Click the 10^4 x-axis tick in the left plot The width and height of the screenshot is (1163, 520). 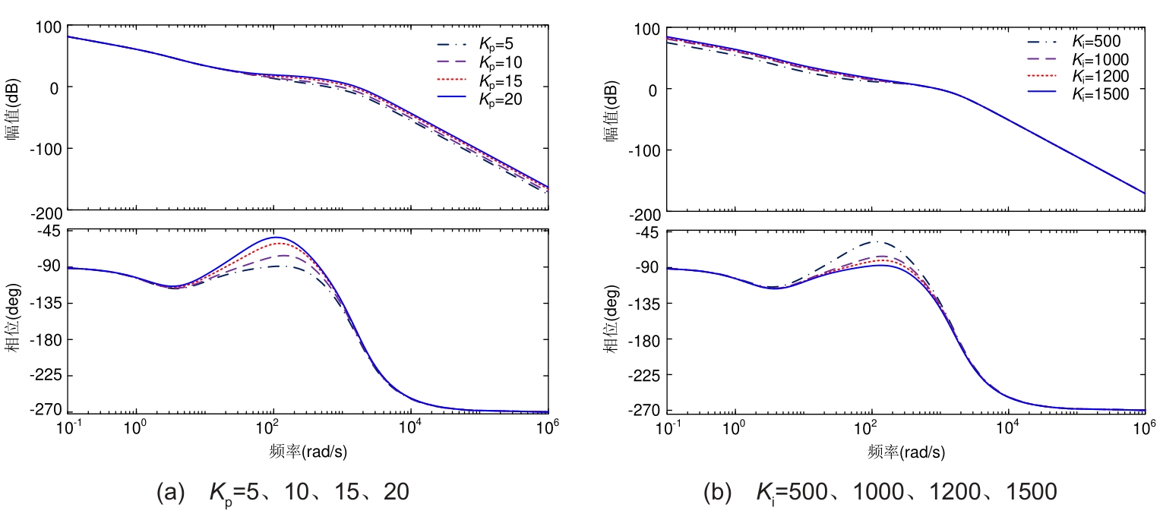pos(410,427)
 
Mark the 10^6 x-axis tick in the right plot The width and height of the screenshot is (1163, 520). pos(1145,428)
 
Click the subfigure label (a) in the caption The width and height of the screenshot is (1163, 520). pos(170,493)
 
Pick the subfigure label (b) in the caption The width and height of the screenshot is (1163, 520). pos(718,493)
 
